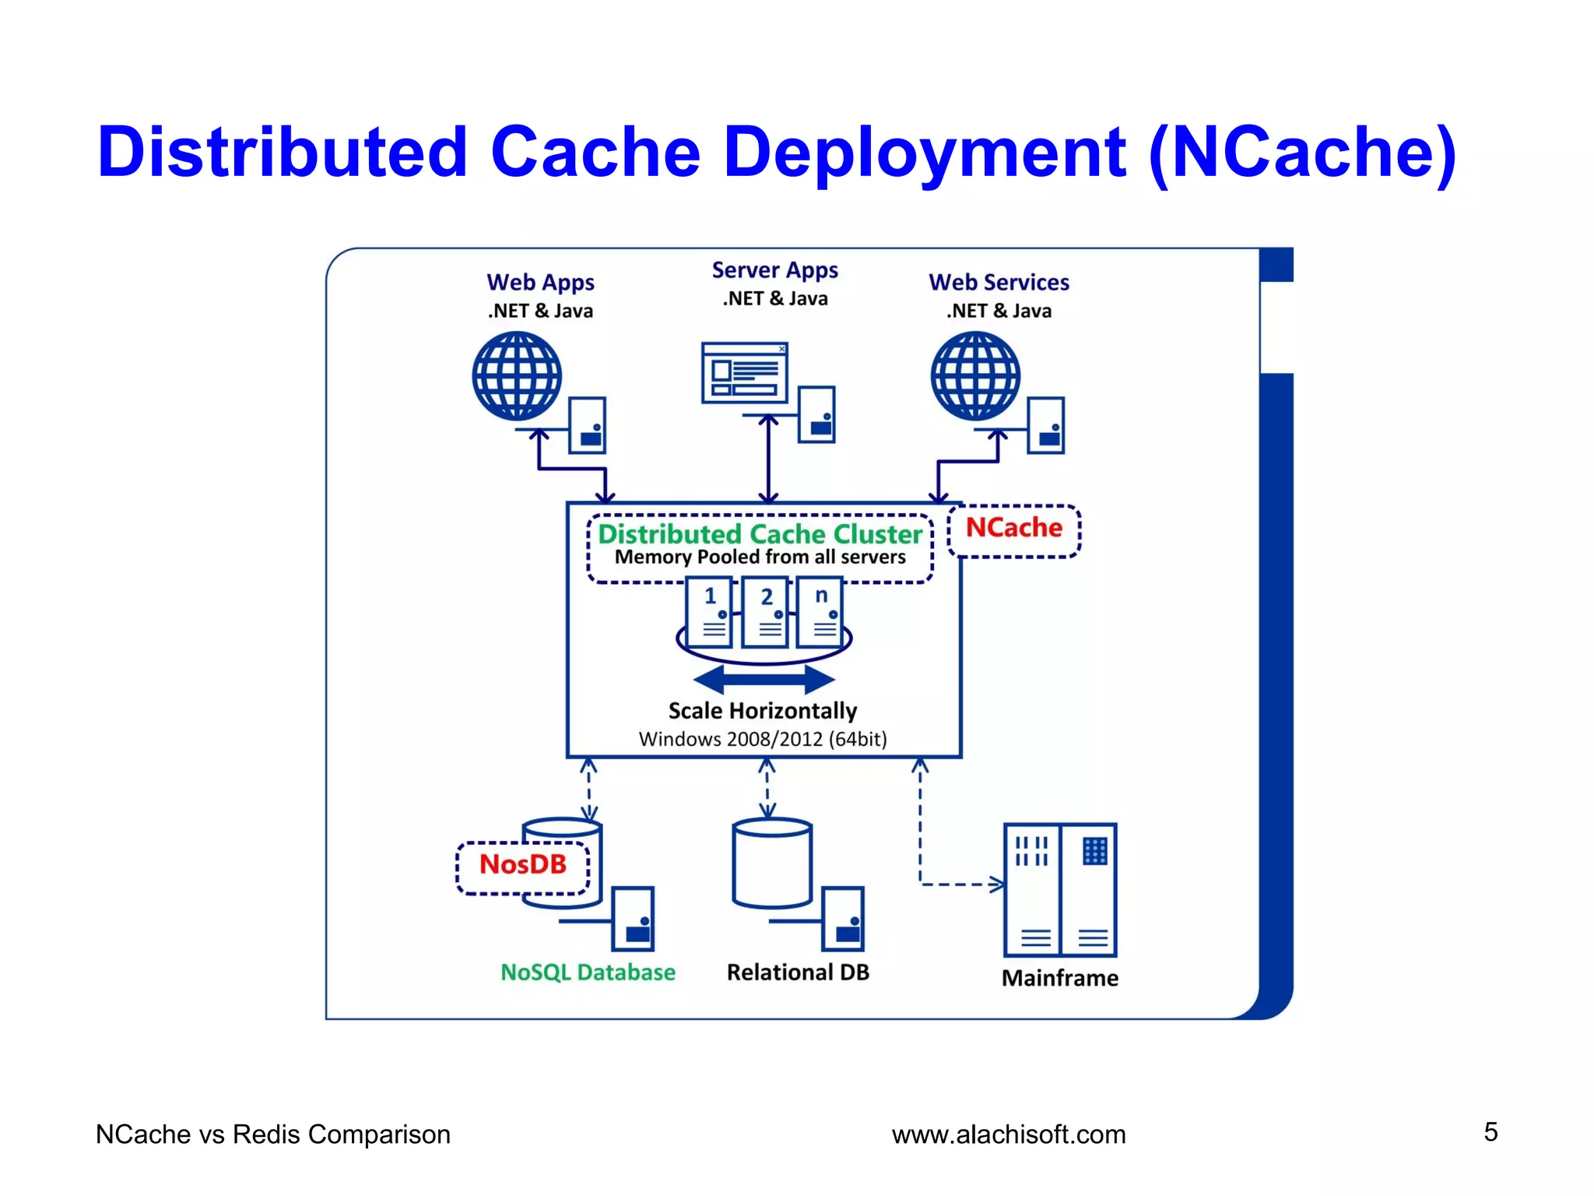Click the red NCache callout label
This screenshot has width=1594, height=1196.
[1013, 529]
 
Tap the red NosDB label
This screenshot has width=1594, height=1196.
[523, 865]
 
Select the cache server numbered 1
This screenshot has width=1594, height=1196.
[709, 613]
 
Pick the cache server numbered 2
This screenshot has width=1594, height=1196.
[765, 613]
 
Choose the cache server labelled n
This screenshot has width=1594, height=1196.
[820, 613]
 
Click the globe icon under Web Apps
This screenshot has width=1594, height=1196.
[517, 376]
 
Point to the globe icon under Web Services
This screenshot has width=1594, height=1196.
[975, 376]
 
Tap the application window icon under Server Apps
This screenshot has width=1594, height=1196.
[745, 372]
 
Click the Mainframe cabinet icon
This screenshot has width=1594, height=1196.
[1059, 889]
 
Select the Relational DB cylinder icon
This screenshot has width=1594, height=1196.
[772, 864]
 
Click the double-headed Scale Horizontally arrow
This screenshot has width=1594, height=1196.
[764, 679]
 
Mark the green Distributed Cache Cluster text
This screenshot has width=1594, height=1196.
[760, 534]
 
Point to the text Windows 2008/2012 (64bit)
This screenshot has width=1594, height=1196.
[763, 739]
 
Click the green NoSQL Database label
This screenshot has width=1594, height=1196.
[588, 973]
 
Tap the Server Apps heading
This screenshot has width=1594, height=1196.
[775, 270]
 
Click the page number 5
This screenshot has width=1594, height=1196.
[1490, 1132]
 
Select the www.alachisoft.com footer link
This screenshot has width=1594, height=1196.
[1009, 1134]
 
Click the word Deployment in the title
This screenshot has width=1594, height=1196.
[925, 152]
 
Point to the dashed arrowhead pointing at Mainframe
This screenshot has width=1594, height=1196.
[997, 885]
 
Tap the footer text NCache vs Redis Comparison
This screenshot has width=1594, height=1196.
[273, 1134]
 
